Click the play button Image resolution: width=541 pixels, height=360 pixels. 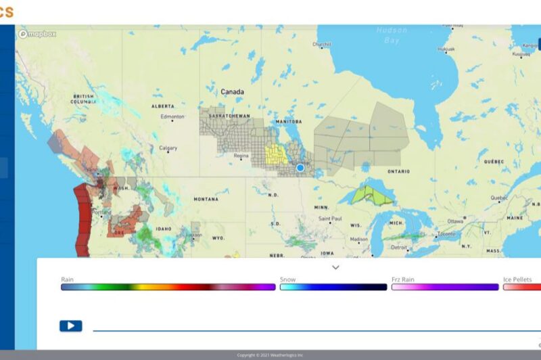70,326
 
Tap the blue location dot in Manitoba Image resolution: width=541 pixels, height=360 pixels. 300,167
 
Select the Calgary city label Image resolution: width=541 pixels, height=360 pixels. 168,148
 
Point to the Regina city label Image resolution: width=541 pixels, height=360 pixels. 241,156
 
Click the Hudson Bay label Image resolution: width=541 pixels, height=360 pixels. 392,35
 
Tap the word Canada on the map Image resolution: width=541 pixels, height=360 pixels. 232,91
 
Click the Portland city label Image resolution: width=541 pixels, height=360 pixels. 101,212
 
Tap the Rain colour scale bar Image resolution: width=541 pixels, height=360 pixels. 168,287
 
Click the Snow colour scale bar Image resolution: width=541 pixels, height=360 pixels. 333,287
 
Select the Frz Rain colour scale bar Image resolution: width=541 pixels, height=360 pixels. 444,287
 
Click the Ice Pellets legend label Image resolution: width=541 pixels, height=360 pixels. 517,279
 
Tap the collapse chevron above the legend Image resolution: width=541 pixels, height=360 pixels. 335,267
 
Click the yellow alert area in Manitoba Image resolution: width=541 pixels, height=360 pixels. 276,155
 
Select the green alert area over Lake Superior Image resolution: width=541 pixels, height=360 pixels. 370,196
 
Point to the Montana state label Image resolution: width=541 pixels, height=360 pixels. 206,199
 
